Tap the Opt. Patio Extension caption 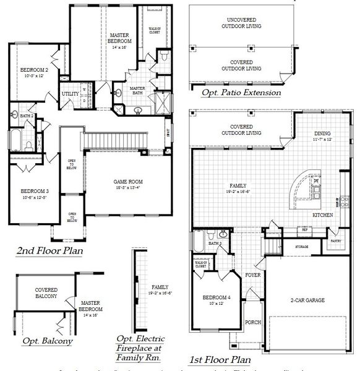pyautogui.click(x=241, y=93)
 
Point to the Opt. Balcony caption pyautogui.click(x=48, y=341)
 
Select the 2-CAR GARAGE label pyautogui.click(x=307, y=301)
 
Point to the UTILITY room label pyautogui.click(x=69, y=94)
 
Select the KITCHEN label pyautogui.click(x=322, y=215)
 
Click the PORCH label pyautogui.click(x=253, y=322)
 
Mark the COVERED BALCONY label pyautogui.click(x=46, y=292)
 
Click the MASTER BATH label pyautogui.click(x=137, y=92)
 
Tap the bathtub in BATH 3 pyautogui.click(x=200, y=241)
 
